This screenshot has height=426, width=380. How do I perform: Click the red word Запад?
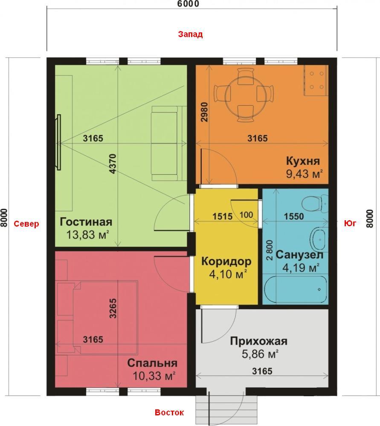tap(190, 34)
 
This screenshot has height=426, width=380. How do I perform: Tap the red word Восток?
tap(169, 412)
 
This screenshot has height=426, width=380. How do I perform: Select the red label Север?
tap(26, 224)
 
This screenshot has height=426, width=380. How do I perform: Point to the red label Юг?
tap(350, 223)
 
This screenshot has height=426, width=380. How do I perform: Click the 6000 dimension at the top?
tap(188, 4)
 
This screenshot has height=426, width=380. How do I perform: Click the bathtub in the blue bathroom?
tap(296, 289)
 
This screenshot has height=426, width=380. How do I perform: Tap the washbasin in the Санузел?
tap(319, 239)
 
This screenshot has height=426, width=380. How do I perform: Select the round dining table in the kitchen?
tap(244, 95)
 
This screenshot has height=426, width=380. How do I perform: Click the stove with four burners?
tap(316, 81)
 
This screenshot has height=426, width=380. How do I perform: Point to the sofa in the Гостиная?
tap(168, 144)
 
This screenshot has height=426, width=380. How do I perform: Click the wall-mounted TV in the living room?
tap(58, 142)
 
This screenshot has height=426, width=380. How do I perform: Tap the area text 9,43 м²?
tap(305, 174)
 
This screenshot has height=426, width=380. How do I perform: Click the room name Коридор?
tap(226, 262)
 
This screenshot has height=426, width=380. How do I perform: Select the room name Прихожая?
tap(259, 341)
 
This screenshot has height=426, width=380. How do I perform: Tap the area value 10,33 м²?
tap(154, 376)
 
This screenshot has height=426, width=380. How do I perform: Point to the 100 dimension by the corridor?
tap(246, 215)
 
